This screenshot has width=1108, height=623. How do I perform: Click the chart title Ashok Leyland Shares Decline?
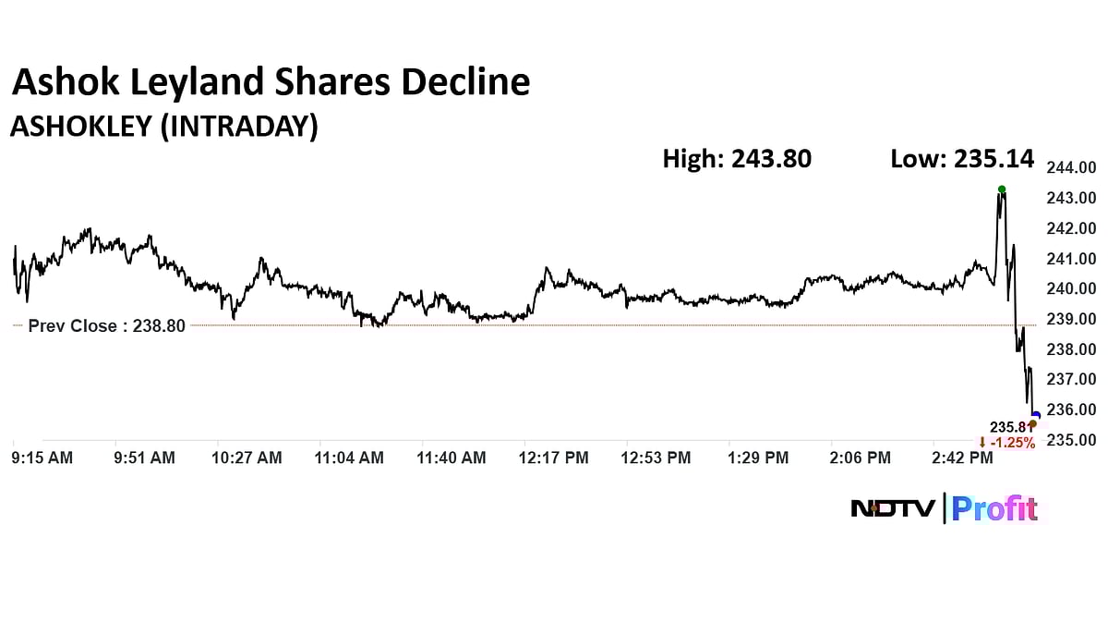[x=271, y=83]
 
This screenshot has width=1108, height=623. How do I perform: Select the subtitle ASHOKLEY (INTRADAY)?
[x=163, y=128]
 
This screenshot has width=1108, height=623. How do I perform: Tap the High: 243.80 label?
[x=737, y=159]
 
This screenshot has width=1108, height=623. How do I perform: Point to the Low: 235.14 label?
[x=961, y=159]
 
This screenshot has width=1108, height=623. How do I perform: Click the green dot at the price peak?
[x=1002, y=189]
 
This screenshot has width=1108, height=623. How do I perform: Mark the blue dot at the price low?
[x=1036, y=416]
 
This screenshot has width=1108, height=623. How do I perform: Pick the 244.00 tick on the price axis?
[x=1070, y=167]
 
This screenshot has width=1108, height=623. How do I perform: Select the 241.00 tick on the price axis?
[x=1070, y=259]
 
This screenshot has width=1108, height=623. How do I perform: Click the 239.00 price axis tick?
[x=1070, y=319]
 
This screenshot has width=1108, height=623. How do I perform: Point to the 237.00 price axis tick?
[x=1070, y=379]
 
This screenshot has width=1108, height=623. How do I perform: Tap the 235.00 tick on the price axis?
[x=1070, y=439]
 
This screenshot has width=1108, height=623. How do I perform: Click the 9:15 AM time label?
[x=41, y=458]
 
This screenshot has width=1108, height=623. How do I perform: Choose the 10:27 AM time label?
[x=247, y=458]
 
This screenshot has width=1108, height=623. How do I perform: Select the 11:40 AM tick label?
[x=451, y=458]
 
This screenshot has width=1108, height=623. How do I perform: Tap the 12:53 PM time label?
[x=655, y=458]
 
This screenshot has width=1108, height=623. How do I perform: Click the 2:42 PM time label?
[x=959, y=458]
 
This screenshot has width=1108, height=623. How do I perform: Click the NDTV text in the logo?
[x=893, y=508]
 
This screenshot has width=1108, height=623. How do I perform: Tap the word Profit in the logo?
[x=995, y=508]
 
